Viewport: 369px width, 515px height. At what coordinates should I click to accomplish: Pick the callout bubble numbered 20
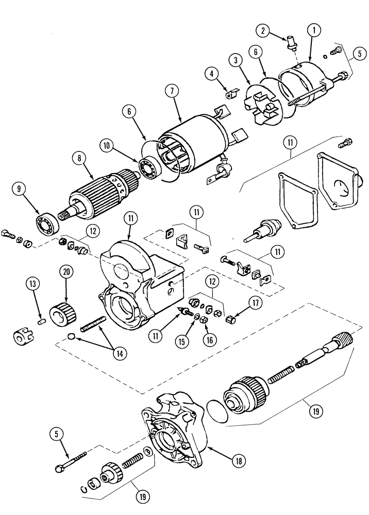click(65, 271)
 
